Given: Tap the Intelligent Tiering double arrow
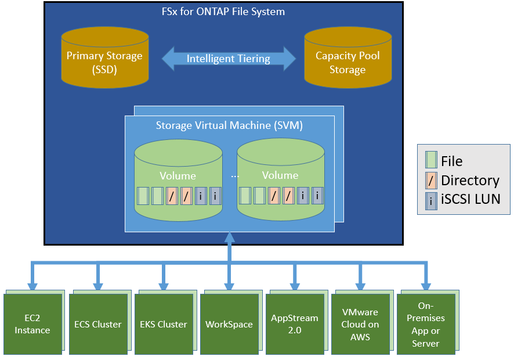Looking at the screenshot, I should click(x=229, y=59).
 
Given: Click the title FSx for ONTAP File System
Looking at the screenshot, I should click(x=223, y=12).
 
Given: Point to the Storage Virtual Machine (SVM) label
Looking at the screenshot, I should click(x=229, y=125).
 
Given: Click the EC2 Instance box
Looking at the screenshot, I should click(x=32, y=323).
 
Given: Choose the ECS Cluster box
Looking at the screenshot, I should click(x=98, y=323).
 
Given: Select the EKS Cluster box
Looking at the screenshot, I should click(x=164, y=323).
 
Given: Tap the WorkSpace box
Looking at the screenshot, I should click(x=229, y=323).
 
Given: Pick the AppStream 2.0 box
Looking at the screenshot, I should click(x=295, y=323).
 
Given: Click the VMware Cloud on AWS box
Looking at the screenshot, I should click(x=360, y=323).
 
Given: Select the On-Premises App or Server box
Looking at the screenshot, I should click(x=426, y=323).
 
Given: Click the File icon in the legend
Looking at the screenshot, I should click(x=431, y=161).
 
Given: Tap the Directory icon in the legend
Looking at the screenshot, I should click(x=431, y=180).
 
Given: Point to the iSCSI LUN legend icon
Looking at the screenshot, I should click(x=431, y=199).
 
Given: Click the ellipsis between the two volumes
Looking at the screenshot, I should click(x=235, y=175).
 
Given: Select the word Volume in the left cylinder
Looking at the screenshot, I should click(x=178, y=175).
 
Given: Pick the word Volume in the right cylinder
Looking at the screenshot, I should click(x=280, y=175).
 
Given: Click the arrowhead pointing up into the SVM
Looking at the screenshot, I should click(x=230, y=237).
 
